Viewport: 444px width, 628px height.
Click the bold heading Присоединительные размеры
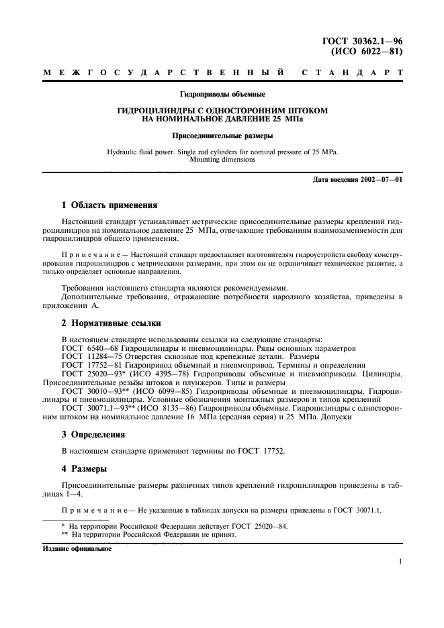coord(222,135)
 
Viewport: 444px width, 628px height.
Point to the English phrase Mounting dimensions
coord(222,160)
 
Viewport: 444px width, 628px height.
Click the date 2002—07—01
coord(381,180)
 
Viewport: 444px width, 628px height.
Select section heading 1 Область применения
coord(109,205)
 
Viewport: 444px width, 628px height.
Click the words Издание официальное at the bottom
coord(77,548)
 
